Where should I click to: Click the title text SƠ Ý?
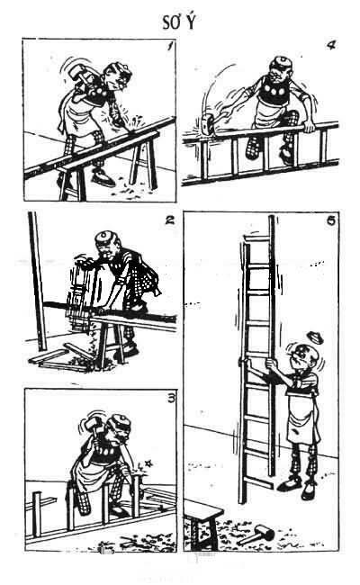coord(179,22)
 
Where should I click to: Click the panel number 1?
coord(170,46)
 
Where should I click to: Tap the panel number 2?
coord(170,220)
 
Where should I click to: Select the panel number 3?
coord(171,399)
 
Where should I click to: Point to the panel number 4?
coord(331,45)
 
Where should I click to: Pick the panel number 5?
coord(331,220)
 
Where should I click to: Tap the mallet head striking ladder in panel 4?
coord(207,124)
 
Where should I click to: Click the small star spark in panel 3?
coord(148,463)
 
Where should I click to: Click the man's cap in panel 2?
coord(106,237)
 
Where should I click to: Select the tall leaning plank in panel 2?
coord(37,282)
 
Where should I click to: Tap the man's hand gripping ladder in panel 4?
coord(308,126)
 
